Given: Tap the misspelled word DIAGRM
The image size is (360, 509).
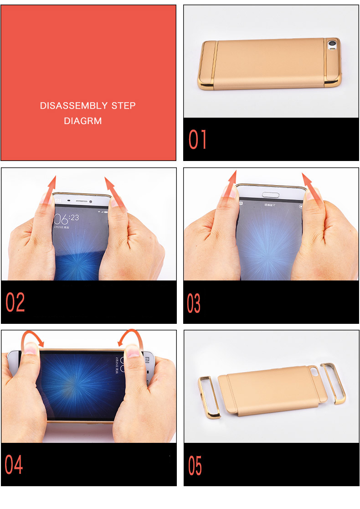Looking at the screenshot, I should click(x=83, y=121).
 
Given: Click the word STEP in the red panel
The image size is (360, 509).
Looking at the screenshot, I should click(x=124, y=106).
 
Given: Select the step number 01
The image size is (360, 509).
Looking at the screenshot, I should click(x=198, y=140).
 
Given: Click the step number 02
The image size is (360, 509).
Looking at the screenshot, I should click(x=15, y=302).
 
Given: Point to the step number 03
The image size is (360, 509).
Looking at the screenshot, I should click(x=194, y=303).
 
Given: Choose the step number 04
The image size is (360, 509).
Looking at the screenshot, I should click(x=14, y=464).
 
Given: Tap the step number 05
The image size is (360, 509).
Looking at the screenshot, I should click(x=195, y=466).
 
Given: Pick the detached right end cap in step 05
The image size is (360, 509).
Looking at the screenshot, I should click(x=334, y=383).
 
